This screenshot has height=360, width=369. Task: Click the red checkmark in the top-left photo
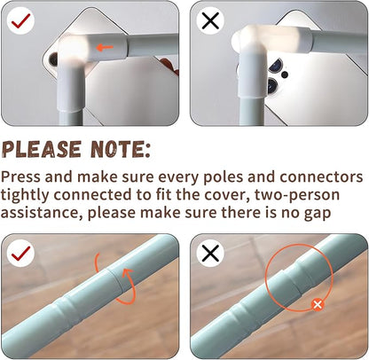coord(20,20)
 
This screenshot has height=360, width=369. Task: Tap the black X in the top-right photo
coord(210,20)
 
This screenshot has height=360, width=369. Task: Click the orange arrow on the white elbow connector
coord(105,47)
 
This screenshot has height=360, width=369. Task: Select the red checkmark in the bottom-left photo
coord(20,253)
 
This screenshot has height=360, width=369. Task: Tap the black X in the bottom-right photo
coord(210,253)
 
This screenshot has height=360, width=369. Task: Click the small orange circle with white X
coord(318,305)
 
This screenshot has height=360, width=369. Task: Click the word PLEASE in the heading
coord(42,149)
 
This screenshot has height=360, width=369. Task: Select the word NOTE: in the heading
coord(121,149)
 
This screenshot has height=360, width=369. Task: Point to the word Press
coord(20,176)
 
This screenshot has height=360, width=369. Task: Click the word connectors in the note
coord(321,176)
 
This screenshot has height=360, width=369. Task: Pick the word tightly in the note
coord(25,195)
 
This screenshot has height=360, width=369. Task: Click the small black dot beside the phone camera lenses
coord(285,74)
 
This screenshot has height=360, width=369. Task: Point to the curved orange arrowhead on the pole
coord(129,272)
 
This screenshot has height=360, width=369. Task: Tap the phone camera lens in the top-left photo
coord(53,59)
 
